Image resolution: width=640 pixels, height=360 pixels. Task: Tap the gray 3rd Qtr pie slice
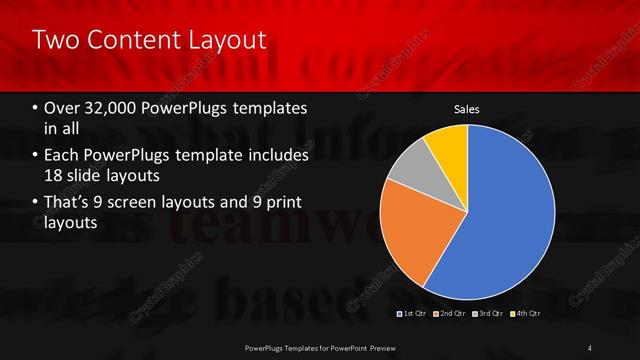(x=410, y=168)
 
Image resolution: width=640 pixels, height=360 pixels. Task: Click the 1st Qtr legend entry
(x=415, y=314)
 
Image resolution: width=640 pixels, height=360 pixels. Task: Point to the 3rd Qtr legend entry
(x=489, y=314)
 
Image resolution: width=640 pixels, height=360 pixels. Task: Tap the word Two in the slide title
(x=54, y=41)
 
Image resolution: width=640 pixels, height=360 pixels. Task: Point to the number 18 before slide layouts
(x=57, y=175)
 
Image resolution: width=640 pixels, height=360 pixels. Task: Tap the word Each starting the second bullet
(x=64, y=156)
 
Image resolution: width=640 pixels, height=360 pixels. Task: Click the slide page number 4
(x=590, y=347)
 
